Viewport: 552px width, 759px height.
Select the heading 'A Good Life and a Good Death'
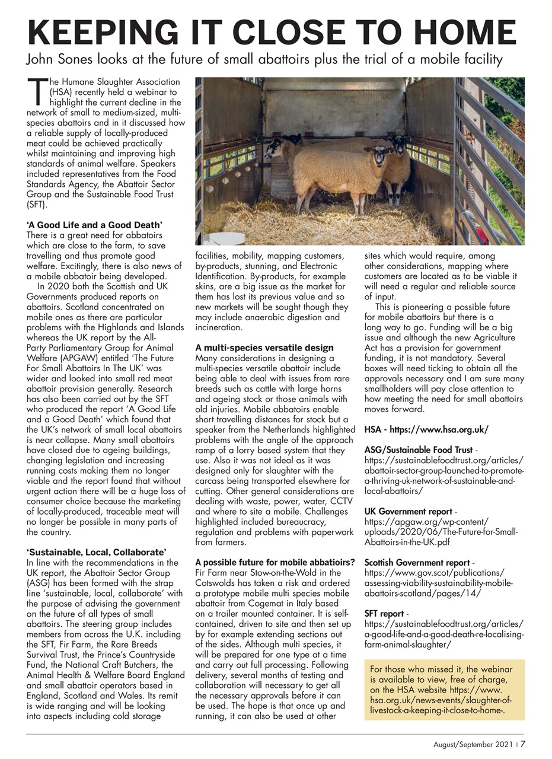pyautogui.click(x=94, y=225)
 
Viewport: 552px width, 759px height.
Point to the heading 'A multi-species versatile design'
pyautogui.click(x=264, y=347)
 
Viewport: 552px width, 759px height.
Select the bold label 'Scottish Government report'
pyautogui.click(x=417, y=562)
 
